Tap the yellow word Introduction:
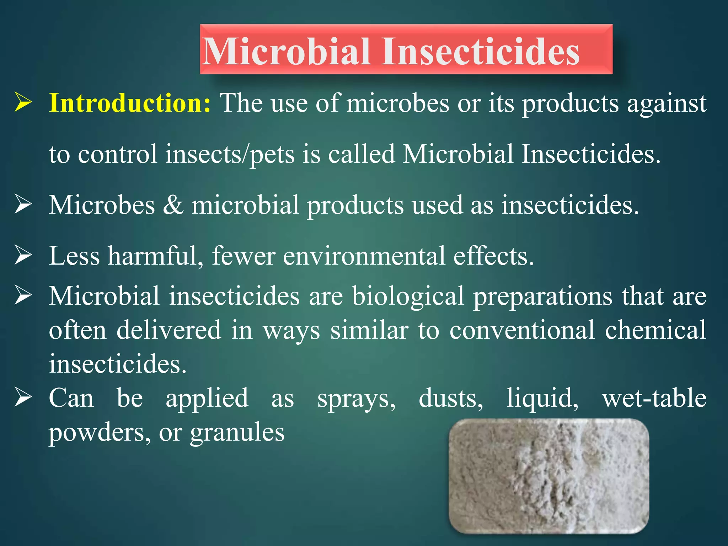[x=130, y=103]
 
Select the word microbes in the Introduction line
[x=398, y=104]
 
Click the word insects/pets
[x=230, y=155]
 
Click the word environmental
[x=364, y=256]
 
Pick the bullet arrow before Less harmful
[x=23, y=256]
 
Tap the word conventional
[x=522, y=330]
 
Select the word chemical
[x=655, y=330]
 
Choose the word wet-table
[x=654, y=398]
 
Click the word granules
[x=237, y=433]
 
